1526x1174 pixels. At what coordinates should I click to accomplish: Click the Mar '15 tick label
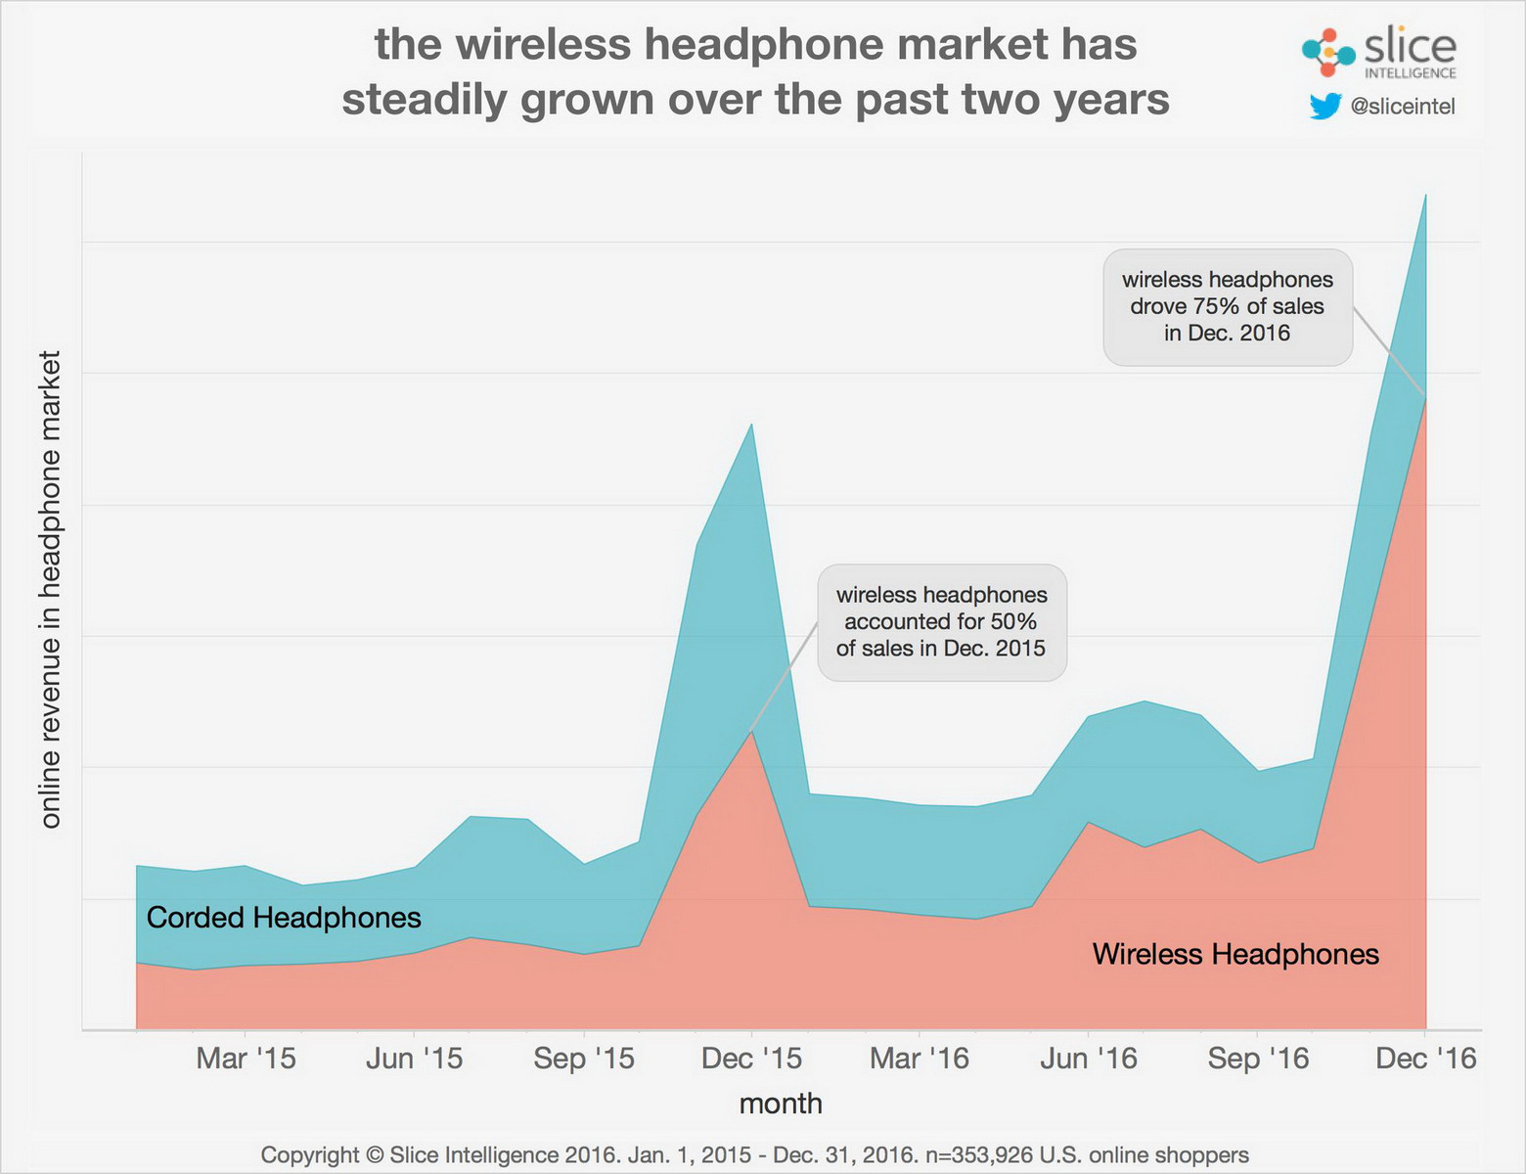pos(246,1059)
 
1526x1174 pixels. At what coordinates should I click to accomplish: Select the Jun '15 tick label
pos(414,1059)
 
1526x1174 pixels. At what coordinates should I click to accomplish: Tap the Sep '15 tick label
pos(584,1059)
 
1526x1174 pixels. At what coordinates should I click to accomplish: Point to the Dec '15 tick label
pos(752,1059)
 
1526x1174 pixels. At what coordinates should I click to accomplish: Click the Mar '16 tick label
pos(920,1059)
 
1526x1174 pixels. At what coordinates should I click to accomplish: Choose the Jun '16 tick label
pos(1089,1059)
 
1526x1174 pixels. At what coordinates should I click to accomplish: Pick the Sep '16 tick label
pos(1258,1059)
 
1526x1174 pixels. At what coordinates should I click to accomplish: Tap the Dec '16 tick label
pos(1426,1059)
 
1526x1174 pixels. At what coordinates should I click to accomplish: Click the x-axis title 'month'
pos(781,1104)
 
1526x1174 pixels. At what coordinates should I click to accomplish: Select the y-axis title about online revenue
pos(51,589)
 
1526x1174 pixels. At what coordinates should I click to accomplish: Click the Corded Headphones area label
pos(284,918)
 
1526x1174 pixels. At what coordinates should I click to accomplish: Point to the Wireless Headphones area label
pos(1235,954)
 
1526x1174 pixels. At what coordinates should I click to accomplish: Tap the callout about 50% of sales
pos(941,622)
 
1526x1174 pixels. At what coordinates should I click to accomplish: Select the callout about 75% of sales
pos(1228,307)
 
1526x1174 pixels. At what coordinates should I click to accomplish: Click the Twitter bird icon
pos(1324,106)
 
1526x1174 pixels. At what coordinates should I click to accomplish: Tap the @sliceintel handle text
pos(1403,107)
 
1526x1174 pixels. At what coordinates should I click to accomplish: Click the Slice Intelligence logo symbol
pos(1327,52)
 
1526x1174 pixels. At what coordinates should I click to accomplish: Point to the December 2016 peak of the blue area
pos(1425,195)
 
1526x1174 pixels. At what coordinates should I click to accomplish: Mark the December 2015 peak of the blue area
pos(751,424)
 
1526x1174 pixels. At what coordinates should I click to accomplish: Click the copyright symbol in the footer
pos(375,1155)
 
